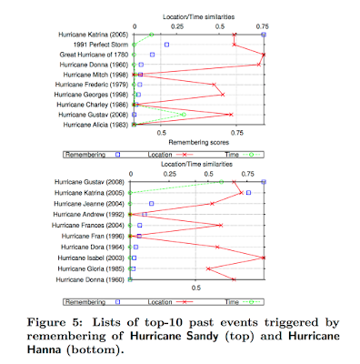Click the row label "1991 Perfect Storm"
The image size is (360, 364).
(x=101, y=45)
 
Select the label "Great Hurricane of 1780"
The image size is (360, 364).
(x=94, y=55)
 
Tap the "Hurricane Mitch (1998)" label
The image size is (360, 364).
(x=95, y=75)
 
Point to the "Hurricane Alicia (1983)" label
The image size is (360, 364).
(x=95, y=125)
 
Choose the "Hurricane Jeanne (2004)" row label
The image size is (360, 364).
(x=89, y=204)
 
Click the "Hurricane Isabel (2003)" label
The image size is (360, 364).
(x=91, y=258)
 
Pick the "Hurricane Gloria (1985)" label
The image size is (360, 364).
(x=91, y=268)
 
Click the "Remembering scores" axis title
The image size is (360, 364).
(x=199, y=142)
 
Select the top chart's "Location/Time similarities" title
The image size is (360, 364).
(x=199, y=17)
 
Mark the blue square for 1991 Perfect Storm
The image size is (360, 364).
(x=166, y=45)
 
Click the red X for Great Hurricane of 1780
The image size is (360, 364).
(x=264, y=55)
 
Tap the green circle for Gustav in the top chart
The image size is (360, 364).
(x=184, y=115)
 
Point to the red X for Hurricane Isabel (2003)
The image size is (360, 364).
(x=264, y=258)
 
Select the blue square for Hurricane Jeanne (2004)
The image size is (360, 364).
(x=152, y=204)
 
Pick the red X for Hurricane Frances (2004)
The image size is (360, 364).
(x=221, y=225)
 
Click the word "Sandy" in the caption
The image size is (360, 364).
(x=203, y=336)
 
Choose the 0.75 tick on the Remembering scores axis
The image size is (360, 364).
(x=237, y=133)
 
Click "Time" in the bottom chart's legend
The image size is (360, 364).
(x=232, y=302)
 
